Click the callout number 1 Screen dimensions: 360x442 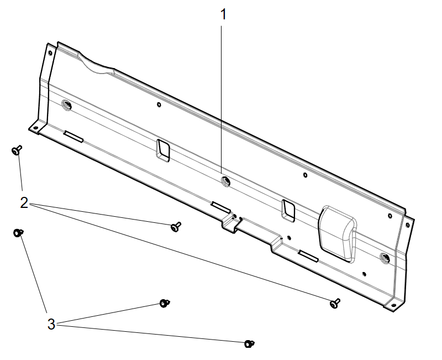click(223, 14)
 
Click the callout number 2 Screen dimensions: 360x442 click(24, 202)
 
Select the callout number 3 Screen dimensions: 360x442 click(51, 324)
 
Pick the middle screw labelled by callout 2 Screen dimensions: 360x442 click(176, 226)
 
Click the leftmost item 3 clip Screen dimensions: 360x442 click(18, 233)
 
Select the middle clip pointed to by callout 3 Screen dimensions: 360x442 click(164, 302)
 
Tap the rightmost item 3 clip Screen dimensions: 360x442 click(249, 343)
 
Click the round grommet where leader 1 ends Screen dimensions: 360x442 click(225, 180)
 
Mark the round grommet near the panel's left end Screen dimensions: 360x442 click(67, 105)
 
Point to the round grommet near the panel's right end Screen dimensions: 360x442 click(385, 257)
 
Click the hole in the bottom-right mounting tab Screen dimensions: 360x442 click(393, 304)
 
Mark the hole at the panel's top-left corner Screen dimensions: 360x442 click(50, 53)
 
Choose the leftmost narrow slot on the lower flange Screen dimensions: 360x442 click(73, 136)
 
